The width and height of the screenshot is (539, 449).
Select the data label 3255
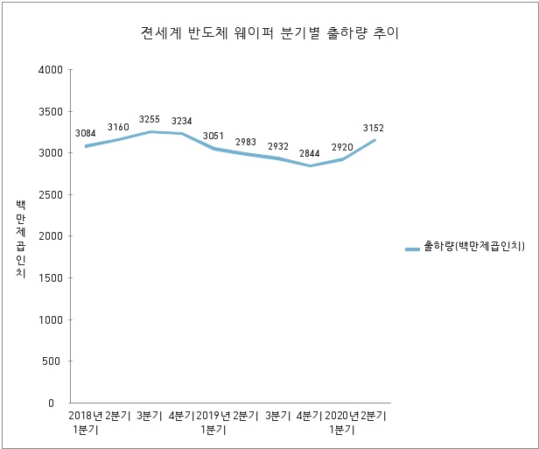tap(150, 119)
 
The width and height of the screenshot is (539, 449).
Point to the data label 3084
tap(86, 133)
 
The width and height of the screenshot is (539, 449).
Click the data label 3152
tap(374, 128)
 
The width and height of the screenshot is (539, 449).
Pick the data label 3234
tap(182, 121)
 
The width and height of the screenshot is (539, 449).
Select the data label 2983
tap(246, 142)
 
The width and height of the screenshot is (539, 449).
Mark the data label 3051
tap(213, 136)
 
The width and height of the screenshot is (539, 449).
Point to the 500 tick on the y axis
tap(52, 361)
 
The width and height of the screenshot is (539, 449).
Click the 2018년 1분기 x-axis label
tap(85, 422)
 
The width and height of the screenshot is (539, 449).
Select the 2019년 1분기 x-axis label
tap(213, 422)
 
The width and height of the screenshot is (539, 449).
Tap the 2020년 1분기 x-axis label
tap(342, 422)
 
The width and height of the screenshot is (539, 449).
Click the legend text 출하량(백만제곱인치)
tap(472, 249)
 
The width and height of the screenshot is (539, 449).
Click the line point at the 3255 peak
tap(150, 131)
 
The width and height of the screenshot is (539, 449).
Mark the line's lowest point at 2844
tap(311, 165)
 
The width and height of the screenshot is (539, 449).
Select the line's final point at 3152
tap(374, 140)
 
